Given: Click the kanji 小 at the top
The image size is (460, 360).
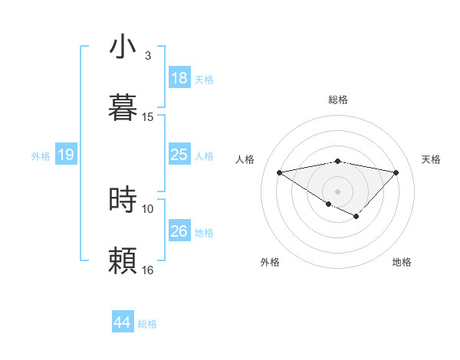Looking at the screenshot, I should point(123,47).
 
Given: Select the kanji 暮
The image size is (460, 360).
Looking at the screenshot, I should point(123,107).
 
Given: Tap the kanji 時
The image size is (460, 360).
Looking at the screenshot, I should point(123,199).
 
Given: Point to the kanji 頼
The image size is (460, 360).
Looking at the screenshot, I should point(123,260).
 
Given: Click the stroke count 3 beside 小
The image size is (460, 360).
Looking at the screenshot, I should point(147,56).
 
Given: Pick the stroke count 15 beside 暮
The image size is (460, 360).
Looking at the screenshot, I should point(148,116).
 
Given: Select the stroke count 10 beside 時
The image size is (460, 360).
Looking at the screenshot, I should point(148,208).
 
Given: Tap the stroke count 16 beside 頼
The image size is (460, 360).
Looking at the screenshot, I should point(148,270).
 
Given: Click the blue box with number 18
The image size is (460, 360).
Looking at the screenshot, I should point(179,78).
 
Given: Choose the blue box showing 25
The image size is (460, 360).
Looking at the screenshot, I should point(179,155).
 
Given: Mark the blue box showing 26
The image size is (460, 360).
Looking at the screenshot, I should point(179,231).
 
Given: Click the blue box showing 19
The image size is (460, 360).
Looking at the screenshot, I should point(66,155).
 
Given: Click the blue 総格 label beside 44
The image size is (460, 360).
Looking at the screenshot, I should point(147,324).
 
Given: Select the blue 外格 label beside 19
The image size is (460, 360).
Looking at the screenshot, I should point(41,156).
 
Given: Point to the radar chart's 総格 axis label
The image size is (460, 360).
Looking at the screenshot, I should point(337,100).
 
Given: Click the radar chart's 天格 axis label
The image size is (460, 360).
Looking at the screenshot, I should point(431,159).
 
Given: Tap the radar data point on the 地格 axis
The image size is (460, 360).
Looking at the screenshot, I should point(356,217).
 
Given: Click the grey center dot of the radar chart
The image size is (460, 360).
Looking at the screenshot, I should point(337,190).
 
